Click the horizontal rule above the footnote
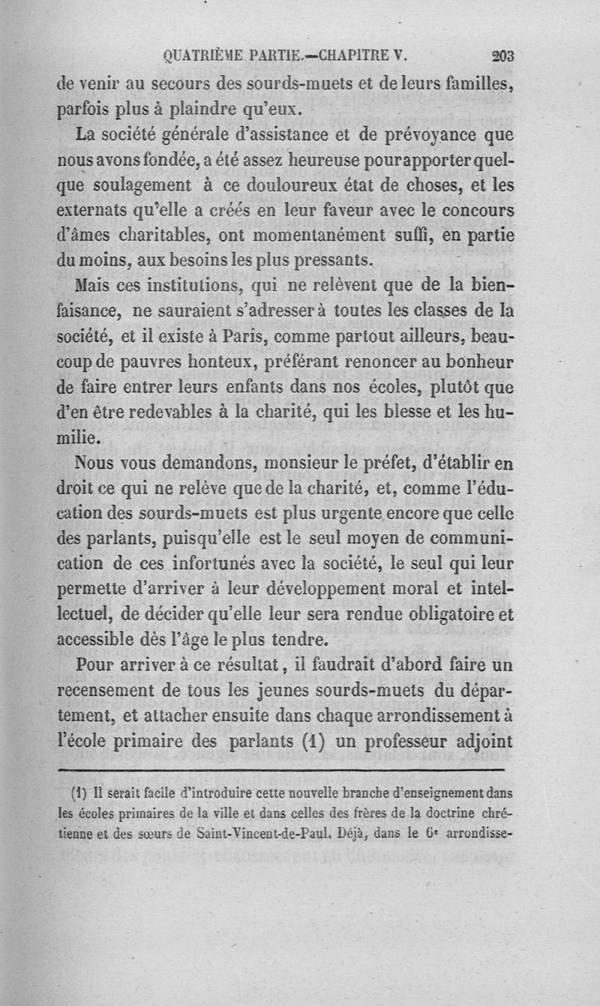coord(281,770)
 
